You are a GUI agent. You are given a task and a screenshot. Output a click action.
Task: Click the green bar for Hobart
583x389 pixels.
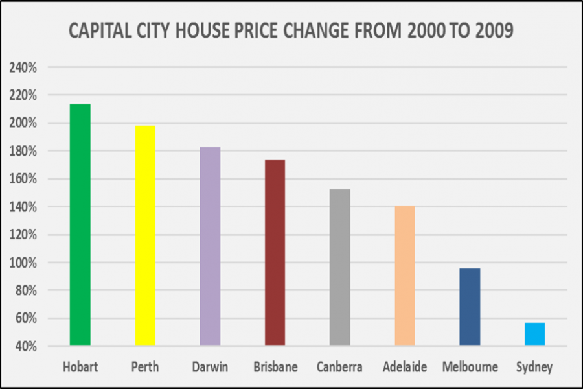click(80, 224)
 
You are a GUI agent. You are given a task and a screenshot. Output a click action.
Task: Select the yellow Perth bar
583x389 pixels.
click(144, 235)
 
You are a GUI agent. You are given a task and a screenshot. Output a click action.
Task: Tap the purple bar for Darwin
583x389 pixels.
click(210, 246)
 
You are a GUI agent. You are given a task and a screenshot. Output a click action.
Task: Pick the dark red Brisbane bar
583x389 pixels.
click(275, 253)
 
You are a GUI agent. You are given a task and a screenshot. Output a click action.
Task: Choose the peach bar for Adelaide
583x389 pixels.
click(405, 276)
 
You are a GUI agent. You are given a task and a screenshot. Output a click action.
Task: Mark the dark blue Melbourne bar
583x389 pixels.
click(470, 307)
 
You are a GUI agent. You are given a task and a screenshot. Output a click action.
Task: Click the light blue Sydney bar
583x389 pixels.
click(534, 334)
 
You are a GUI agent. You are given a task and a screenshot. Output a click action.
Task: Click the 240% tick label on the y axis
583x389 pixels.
click(23, 67)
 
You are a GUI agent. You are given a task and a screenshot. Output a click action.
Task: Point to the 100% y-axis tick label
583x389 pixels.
click(23, 263)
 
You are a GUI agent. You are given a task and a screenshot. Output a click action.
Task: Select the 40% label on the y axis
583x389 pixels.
click(25, 347)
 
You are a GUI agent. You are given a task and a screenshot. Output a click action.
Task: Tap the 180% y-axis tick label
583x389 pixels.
click(23, 151)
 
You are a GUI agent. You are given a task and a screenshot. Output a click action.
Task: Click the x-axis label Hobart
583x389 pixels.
click(80, 368)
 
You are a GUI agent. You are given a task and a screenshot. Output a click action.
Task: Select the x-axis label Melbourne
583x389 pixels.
click(470, 368)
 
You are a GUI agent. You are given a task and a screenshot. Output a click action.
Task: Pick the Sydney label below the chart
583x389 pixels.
click(534, 368)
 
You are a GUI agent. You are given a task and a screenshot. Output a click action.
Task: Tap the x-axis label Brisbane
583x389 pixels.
click(275, 368)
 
